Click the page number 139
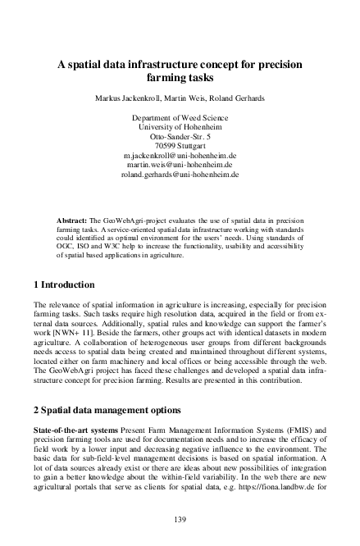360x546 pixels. tap(179, 519)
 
